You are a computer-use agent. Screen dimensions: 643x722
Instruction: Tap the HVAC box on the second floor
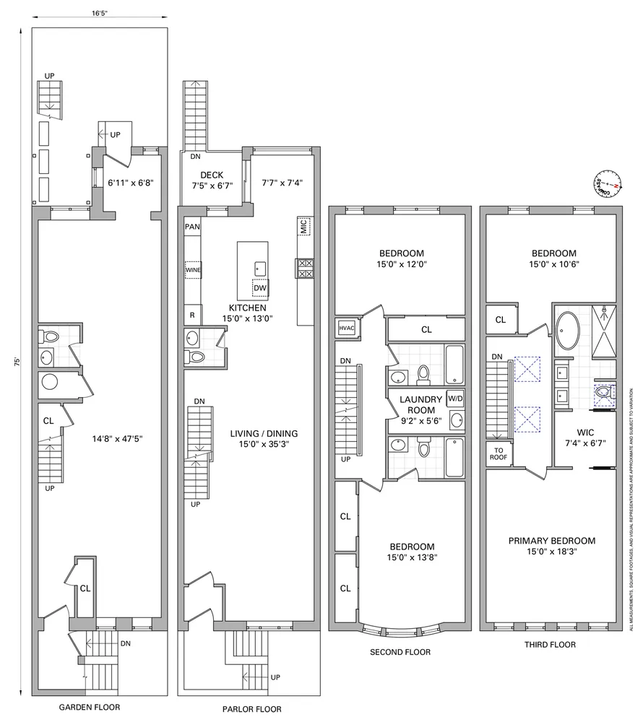347,328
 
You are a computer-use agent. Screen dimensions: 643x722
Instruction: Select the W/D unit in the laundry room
455,399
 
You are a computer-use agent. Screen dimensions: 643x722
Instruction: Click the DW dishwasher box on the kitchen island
260,288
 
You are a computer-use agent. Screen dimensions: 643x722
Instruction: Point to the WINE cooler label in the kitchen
193,270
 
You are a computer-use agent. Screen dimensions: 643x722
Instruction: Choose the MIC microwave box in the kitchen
304,226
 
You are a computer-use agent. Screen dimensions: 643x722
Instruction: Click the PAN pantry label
192,227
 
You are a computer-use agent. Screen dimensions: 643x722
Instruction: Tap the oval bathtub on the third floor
569,331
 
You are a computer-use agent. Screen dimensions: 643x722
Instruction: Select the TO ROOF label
499,454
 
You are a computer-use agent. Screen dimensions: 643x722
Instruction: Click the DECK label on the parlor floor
212,175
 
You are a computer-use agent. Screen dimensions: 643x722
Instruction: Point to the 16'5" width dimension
99,13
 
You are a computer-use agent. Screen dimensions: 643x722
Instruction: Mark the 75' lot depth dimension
17,362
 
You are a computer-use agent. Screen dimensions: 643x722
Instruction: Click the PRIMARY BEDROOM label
552,541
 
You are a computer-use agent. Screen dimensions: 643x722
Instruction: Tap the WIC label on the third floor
585,432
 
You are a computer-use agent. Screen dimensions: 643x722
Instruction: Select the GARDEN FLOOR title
90,707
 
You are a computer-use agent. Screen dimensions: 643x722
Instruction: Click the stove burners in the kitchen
304,268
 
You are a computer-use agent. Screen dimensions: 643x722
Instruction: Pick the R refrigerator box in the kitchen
192,316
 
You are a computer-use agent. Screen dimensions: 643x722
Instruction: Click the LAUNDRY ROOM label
421,405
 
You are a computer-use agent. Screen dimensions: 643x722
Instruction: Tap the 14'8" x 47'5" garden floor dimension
117,439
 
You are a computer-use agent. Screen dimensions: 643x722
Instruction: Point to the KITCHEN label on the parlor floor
247,308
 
